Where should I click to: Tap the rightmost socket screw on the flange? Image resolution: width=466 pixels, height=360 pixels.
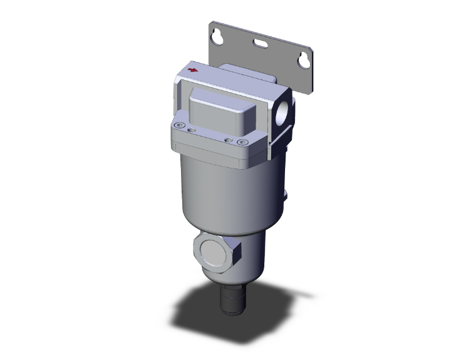click(240, 141)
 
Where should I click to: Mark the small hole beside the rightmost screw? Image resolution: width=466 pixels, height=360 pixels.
click(229, 138)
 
